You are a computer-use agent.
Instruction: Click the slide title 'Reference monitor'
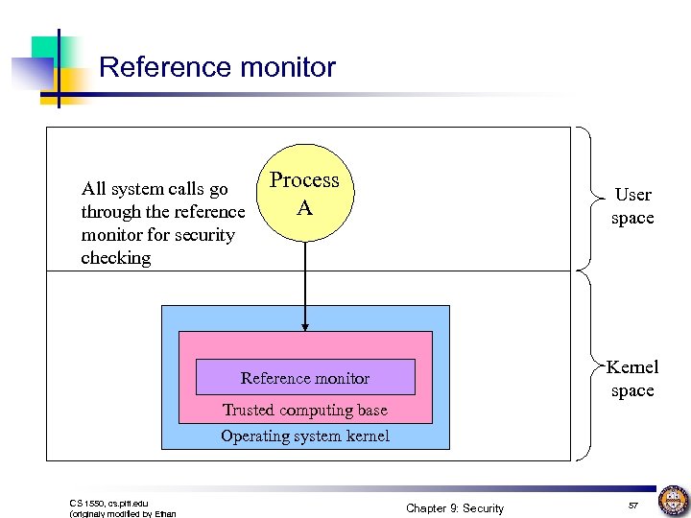pos(217,67)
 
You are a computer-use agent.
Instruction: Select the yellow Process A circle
pos(304,196)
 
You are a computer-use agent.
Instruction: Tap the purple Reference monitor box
pos(305,378)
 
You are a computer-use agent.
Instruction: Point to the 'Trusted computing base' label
pos(305,410)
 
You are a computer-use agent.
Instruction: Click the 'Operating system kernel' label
pos(305,436)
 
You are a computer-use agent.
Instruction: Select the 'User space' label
pos(632,206)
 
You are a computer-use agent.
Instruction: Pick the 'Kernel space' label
pos(632,379)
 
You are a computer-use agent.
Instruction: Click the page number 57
pos(632,506)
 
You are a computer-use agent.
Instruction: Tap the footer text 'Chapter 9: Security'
pos(454,507)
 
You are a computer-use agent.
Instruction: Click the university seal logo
pos(673,500)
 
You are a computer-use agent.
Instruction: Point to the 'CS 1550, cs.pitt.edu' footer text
pos(108,502)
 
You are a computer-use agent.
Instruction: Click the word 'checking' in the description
pos(116,258)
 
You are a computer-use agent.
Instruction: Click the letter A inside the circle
pos(304,207)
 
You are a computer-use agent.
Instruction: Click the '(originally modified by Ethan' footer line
pos(123,514)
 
